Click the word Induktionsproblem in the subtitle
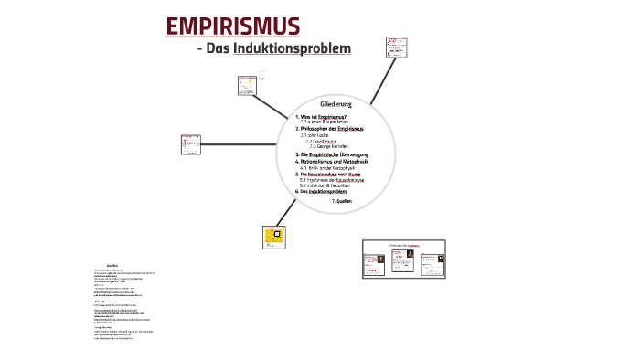[x=292, y=48]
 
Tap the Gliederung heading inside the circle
[x=336, y=104]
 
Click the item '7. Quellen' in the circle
[x=343, y=200]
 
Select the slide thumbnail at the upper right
[x=396, y=47]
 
